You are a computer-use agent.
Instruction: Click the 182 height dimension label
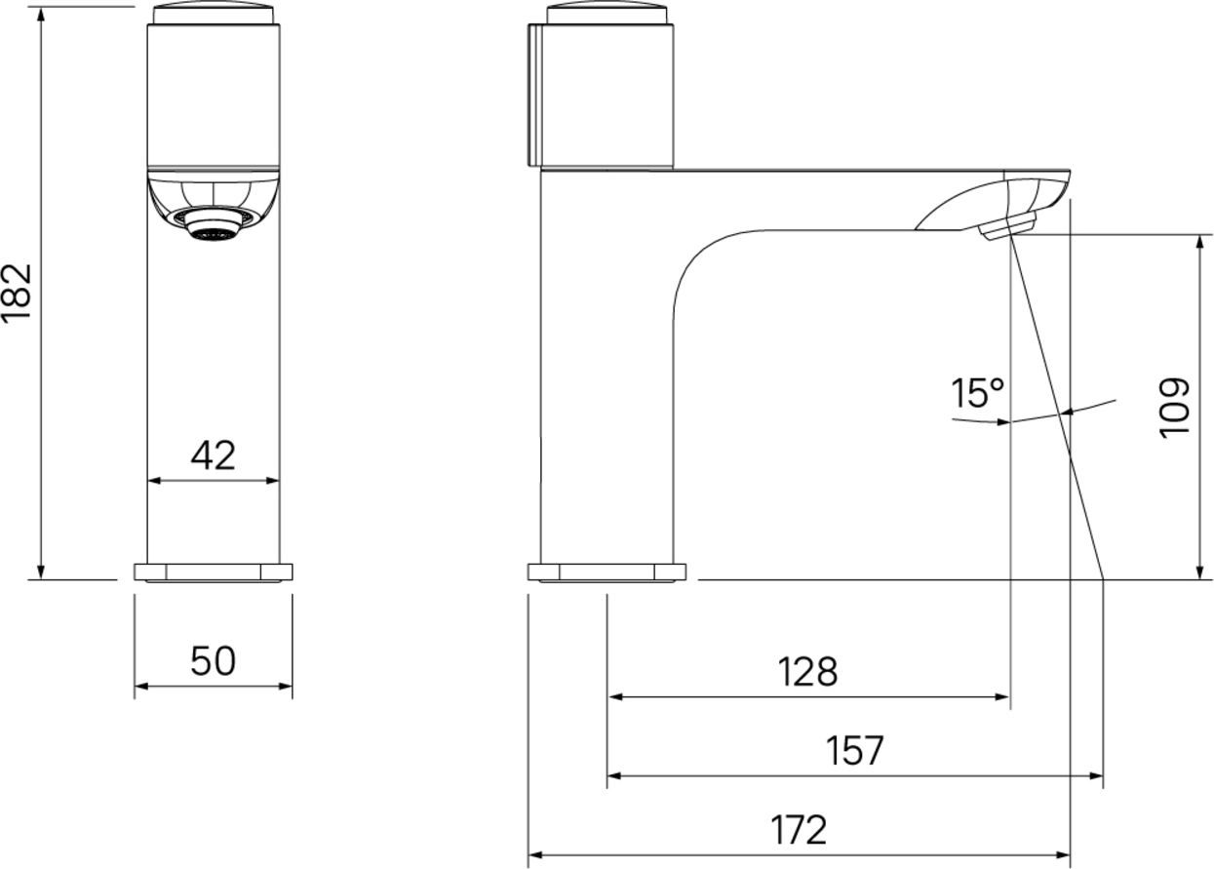pyautogui.click(x=17, y=294)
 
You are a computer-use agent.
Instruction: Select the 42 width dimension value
pyautogui.click(x=213, y=455)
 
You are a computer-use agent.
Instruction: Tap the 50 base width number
pyautogui.click(x=213, y=661)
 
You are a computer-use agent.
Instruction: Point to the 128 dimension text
pyautogui.click(x=807, y=672)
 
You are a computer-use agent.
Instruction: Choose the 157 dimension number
pyautogui.click(x=855, y=751)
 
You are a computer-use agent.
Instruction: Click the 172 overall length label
pyautogui.click(x=799, y=830)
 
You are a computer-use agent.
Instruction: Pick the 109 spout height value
pyautogui.click(x=1174, y=408)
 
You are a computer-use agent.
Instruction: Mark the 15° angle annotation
pyautogui.click(x=978, y=393)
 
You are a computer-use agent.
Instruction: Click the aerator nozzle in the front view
pyautogui.click(x=213, y=225)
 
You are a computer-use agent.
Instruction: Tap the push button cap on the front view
pyautogui.click(x=213, y=14)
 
